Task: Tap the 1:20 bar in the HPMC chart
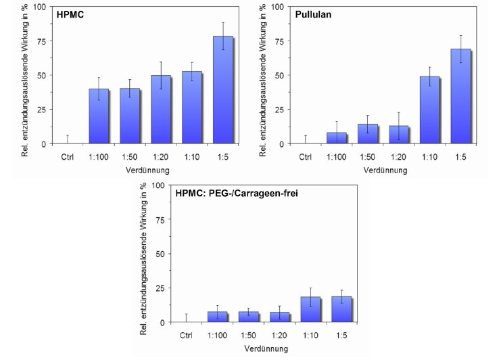tap(161, 110)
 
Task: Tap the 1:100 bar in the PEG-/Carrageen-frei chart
tap(218, 317)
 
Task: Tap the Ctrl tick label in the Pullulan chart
tap(306, 158)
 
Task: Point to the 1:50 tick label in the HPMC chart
tap(130, 158)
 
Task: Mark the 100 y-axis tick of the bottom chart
tap(158, 185)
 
